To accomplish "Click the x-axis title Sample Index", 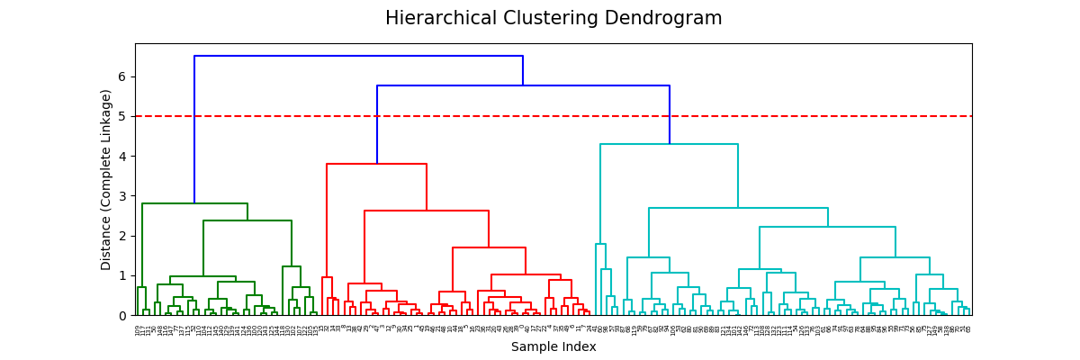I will tap(553, 346).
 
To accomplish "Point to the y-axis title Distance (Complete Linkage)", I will tap(107, 179).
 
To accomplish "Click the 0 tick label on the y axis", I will tap(121, 316).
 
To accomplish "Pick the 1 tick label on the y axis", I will tap(121, 275).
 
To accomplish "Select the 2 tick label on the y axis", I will tap(121, 236).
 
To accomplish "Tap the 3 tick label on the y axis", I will tap(121, 196).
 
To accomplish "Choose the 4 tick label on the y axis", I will tap(121, 157).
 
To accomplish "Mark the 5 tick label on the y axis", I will tap(121, 116).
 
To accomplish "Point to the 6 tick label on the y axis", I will tap(121, 76).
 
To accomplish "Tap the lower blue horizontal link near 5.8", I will tap(522, 85).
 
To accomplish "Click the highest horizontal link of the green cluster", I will tap(194, 203).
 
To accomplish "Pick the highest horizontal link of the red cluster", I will tap(376, 164).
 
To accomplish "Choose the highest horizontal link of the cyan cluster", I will tap(669, 144).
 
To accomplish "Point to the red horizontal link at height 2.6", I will tap(427, 211).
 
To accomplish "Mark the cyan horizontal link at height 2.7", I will tap(738, 208).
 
